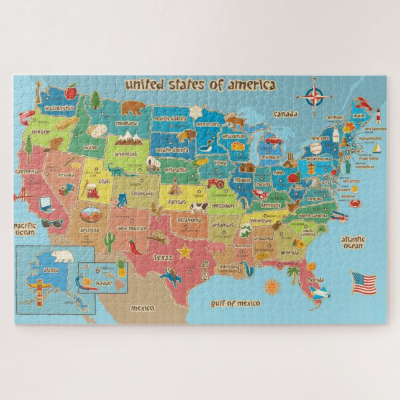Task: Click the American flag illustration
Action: tap(363, 283)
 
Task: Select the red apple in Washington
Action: tap(71, 92)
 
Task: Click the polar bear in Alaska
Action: tap(63, 257)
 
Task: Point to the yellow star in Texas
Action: tap(184, 252)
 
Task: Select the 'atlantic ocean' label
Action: tap(353, 242)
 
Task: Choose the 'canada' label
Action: tap(285, 114)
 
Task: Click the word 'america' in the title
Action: tap(251, 84)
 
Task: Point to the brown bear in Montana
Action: tap(132, 108)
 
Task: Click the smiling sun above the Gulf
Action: tap(272, 286)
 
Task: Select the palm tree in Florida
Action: tap(293, 273)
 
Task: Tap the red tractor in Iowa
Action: tap(216, 183)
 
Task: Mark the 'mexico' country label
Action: tap(142, 307)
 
